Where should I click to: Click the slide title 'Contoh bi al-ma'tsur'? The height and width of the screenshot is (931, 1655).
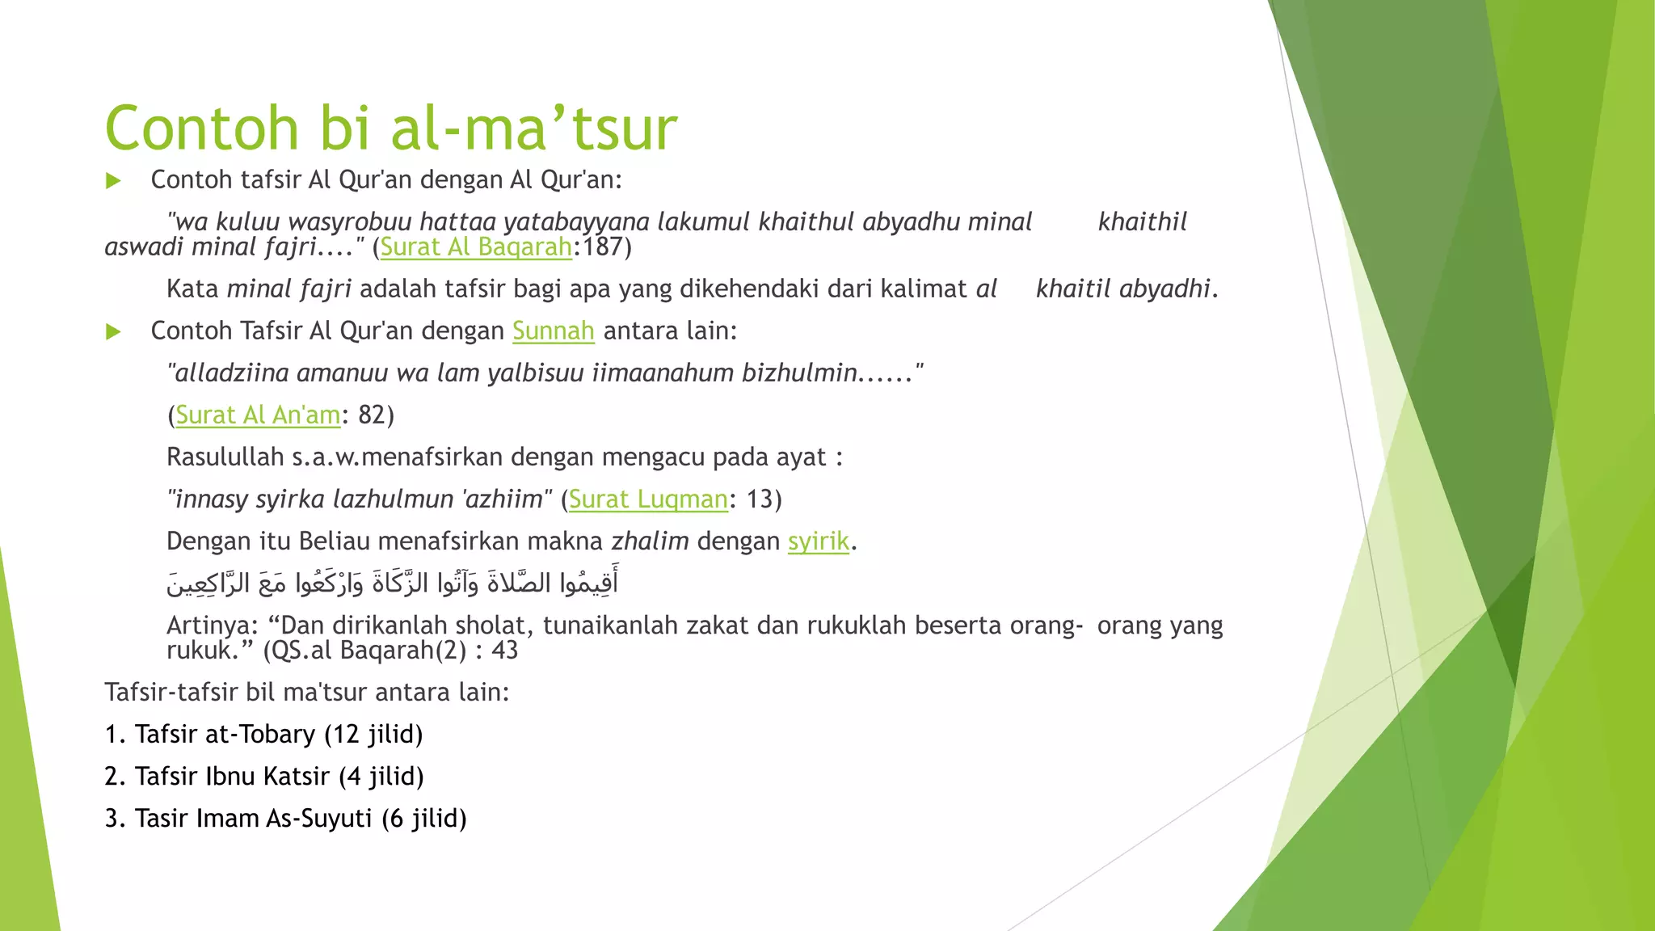pos(390,128)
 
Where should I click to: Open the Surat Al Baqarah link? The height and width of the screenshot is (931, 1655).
pos(476,246)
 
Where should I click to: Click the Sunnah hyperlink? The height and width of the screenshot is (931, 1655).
pos(553,331)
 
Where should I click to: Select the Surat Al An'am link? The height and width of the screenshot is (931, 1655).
pos(258,415)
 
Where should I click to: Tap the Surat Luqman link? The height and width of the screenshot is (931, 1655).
pos(648,499)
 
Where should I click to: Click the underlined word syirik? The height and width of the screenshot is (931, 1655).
pos(819,541)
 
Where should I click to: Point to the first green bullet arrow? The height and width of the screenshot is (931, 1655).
pos(113,180)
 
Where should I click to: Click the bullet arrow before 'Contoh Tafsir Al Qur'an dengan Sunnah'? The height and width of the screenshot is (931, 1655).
pos(113,331)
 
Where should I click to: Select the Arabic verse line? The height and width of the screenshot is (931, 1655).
pos(393,583)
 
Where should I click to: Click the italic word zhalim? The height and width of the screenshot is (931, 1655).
pos(650,541)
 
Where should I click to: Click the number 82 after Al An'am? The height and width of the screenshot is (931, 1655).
pos(372,415)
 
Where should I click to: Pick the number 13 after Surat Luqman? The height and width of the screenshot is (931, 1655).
pos(759,499)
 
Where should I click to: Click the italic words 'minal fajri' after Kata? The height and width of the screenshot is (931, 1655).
pos(289,289)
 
